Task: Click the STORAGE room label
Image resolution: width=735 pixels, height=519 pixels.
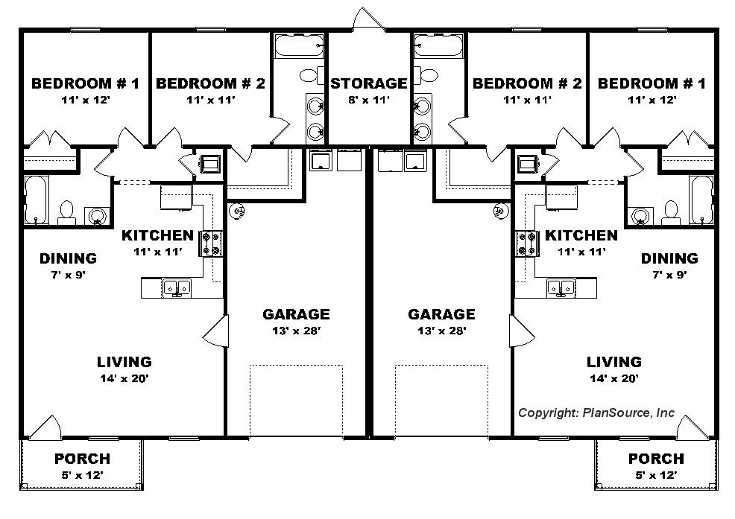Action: pos(368,83)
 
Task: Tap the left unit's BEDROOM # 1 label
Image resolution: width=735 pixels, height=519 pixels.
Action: pos(85,83)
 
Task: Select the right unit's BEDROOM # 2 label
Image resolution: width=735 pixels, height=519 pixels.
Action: pos(527,83)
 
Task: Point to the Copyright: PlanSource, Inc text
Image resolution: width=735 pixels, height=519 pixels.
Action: pos(596,413)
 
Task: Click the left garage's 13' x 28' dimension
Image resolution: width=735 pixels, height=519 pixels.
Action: pos(296,331)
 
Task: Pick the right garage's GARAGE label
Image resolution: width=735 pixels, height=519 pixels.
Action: pos(441,313)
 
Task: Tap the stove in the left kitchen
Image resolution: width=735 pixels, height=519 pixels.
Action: pos(211,243)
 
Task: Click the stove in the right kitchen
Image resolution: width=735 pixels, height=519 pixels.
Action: pos(527,243)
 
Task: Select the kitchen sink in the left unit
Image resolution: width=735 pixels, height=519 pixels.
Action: pos(177,287)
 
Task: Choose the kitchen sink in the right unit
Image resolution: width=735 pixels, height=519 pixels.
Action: pos(561,287)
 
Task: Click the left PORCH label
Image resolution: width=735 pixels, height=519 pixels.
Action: pos(83,459)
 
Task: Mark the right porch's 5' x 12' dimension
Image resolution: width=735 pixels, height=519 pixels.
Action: pos(656,475)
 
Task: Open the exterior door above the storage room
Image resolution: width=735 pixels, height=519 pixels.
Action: pos(368,19)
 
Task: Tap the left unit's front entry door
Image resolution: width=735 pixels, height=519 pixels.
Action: pos(45,427)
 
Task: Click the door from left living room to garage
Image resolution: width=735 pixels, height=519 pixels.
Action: pos(216,331)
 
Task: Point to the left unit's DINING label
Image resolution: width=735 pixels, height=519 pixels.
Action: pos(68,258)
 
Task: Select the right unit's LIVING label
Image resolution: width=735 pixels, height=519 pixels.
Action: pos(614,362)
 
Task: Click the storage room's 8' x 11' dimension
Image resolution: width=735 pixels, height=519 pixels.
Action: pos(369,99)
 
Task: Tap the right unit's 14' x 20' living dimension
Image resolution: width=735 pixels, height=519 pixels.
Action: pos(614,378)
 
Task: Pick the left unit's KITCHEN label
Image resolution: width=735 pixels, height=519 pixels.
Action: pos(157,235)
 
